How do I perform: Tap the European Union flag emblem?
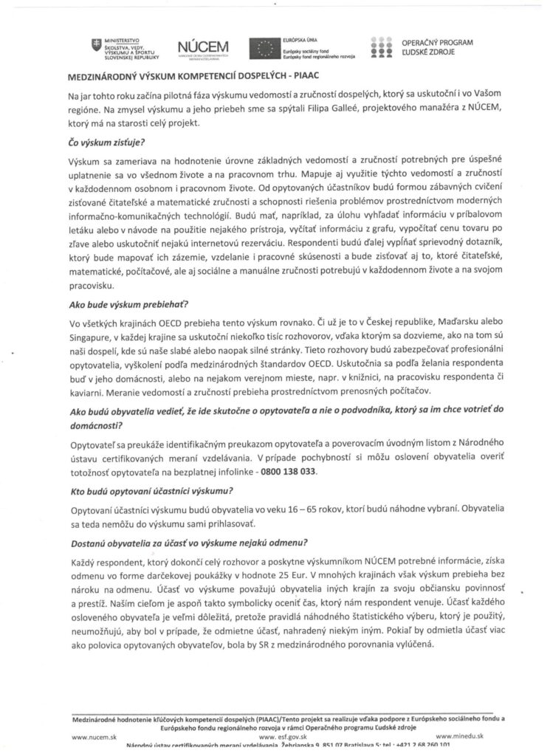265,47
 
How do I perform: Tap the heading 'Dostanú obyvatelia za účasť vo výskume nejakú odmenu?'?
189,543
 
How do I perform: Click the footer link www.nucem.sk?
93,736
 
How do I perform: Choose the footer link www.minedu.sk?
459,736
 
